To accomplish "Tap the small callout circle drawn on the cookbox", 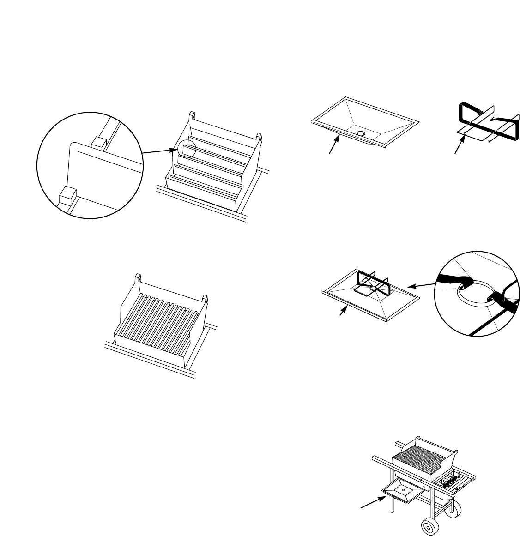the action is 188,149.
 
